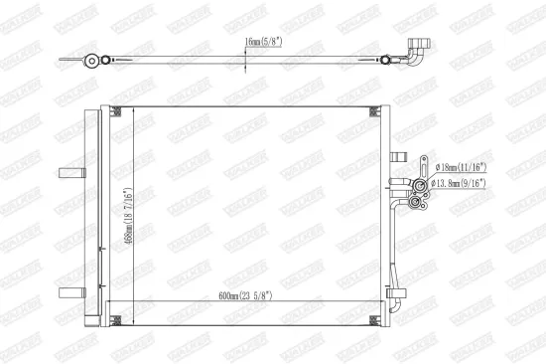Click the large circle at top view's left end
91,60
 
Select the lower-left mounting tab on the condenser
69,291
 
